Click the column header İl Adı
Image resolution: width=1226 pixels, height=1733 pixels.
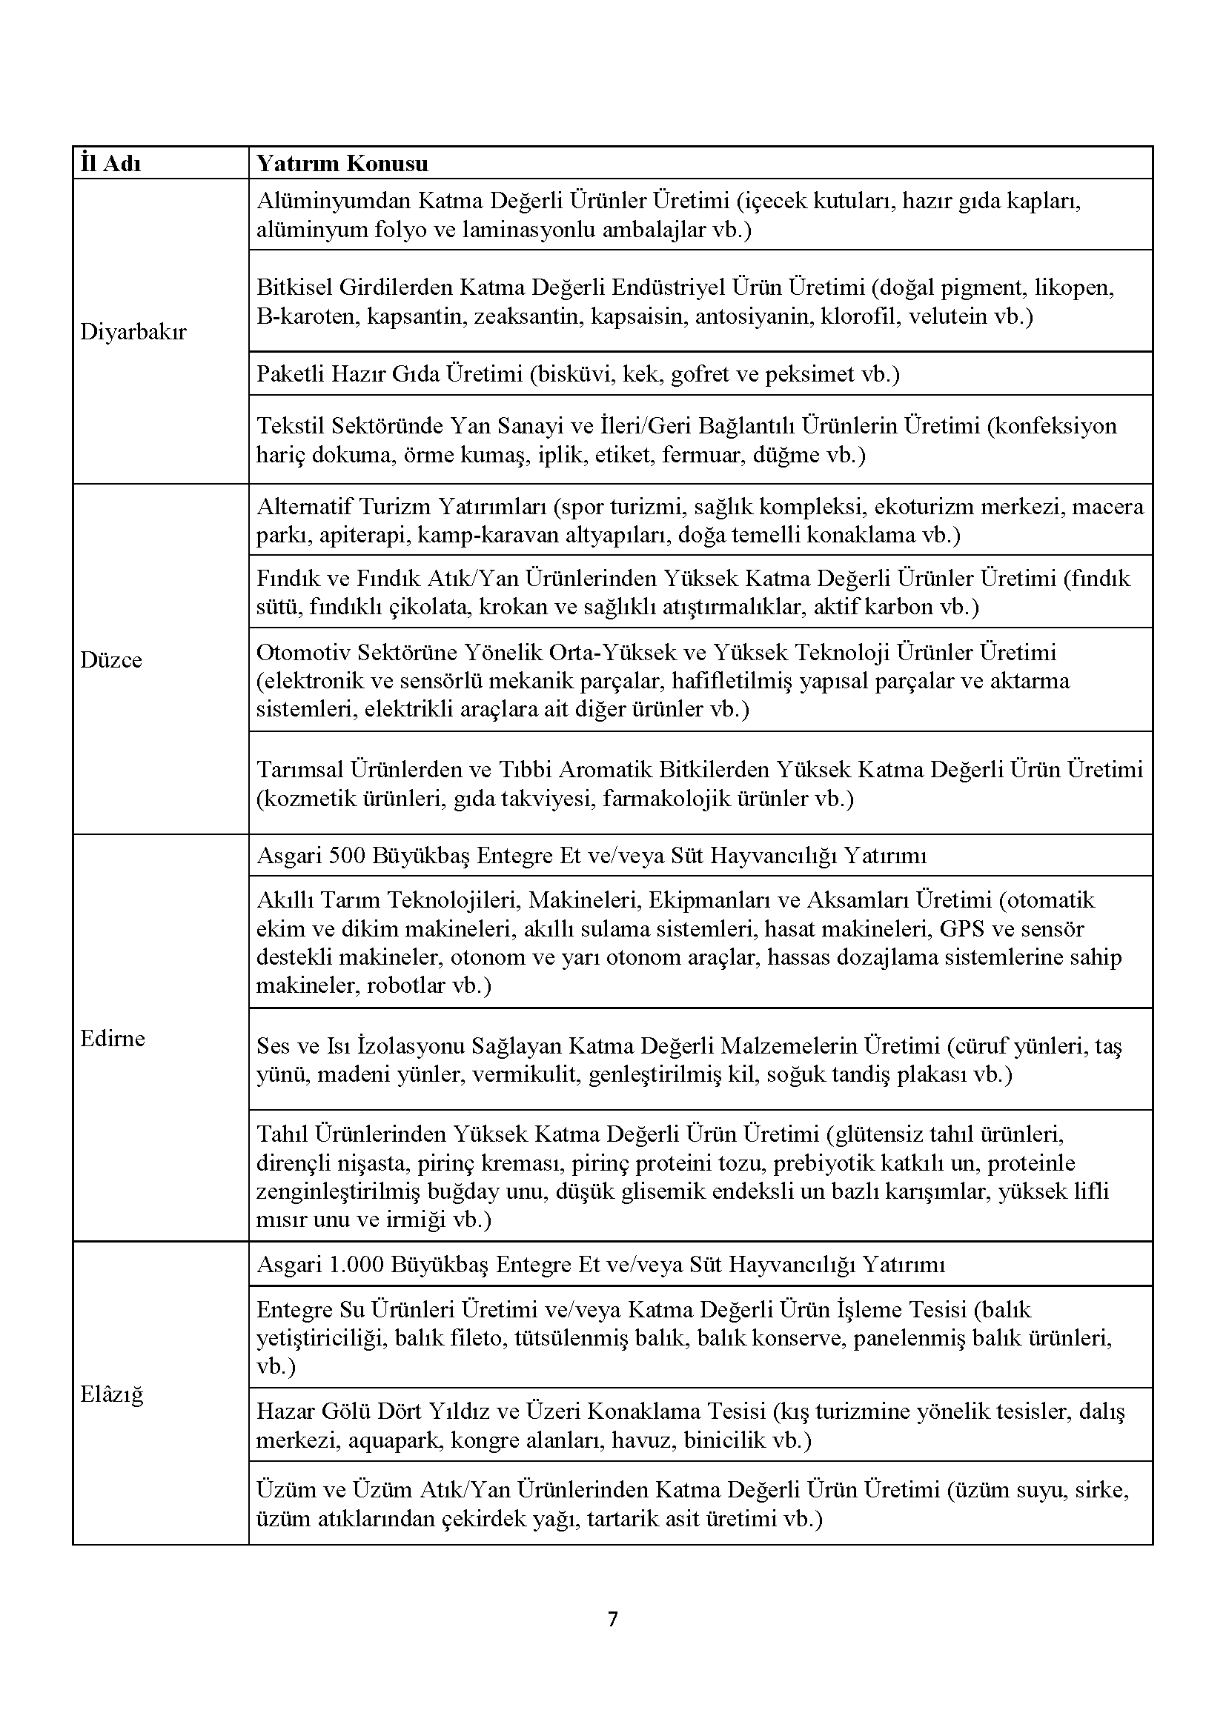coord(111,164)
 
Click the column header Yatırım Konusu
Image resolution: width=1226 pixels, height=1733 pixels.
coord(342,164)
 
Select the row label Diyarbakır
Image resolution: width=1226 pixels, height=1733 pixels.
coord(133,332)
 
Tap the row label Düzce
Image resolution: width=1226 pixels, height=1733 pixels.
coord(111,659)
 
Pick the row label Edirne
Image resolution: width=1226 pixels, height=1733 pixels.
coord(113,1039)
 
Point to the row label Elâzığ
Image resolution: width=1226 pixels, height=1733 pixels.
coord(112,1394)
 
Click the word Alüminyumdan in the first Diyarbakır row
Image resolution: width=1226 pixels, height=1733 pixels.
coord(334,202)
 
